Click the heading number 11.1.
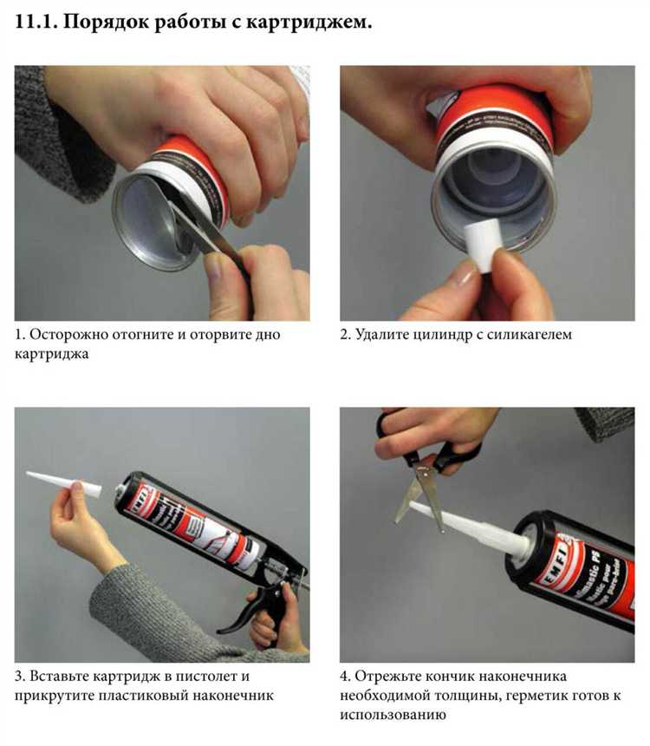click(x=36, y=23)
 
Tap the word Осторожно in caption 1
click(x=69, y=335)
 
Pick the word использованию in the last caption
click(x=393, y=715)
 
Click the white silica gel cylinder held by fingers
click(x=483, y=245)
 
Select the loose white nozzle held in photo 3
click(x=63, y=484)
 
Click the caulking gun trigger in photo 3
click(x=237, y=616)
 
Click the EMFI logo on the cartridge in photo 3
click(x=140, y=500)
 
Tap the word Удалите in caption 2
click(x=381, y=335)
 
